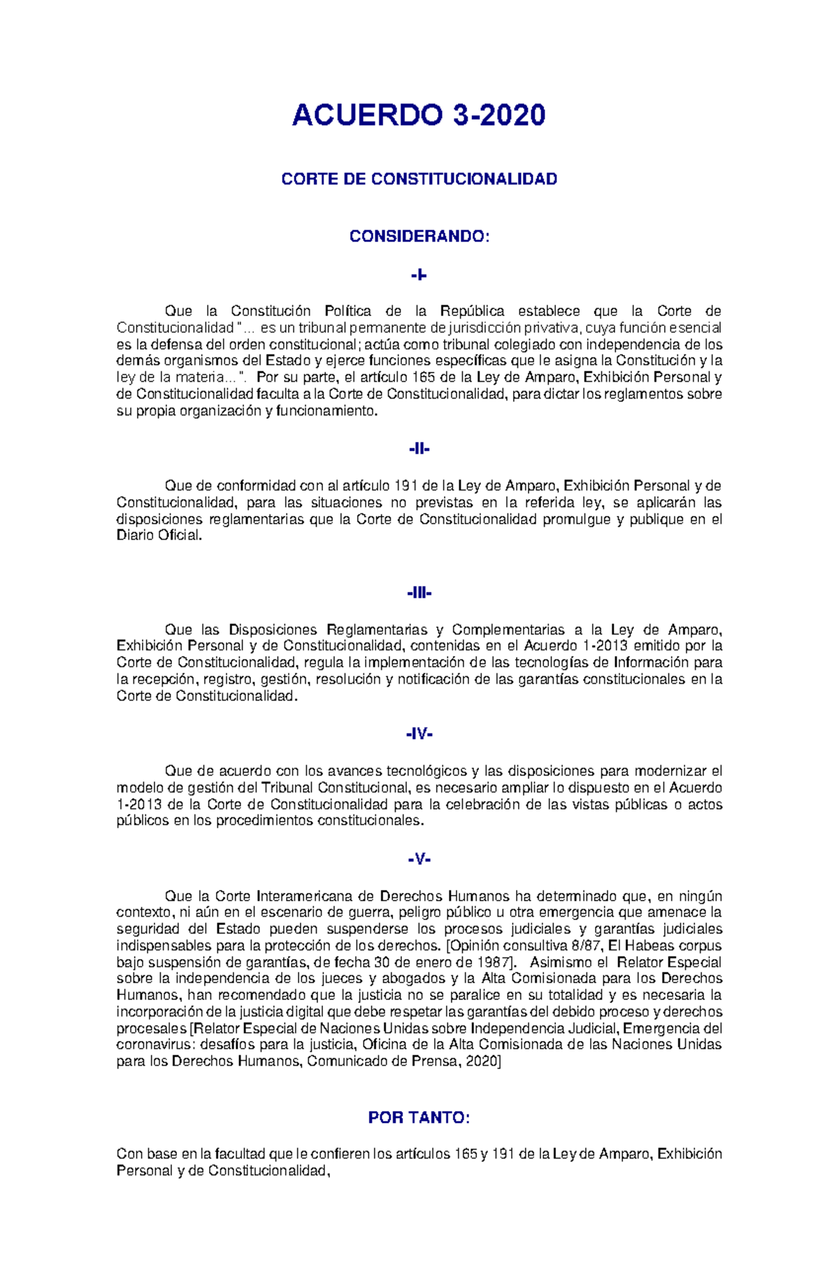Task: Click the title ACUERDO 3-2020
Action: [x=418, y=115]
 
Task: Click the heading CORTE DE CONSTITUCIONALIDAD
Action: [x=419, y=179]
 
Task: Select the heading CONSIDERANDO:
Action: [x=419, y=236]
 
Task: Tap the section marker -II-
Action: [x=419, y=449]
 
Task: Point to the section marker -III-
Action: [x=419, y=593]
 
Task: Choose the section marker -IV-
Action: [x=419, y=734]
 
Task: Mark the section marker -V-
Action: [x=419, y=859]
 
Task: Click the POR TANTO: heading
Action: [x=419, y=1118]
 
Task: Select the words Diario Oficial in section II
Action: [x=159, y=536]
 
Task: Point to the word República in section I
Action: [x=472, y=311]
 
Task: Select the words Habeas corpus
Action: [x=672, y=946]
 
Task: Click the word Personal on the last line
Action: [x=145, y=1171]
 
